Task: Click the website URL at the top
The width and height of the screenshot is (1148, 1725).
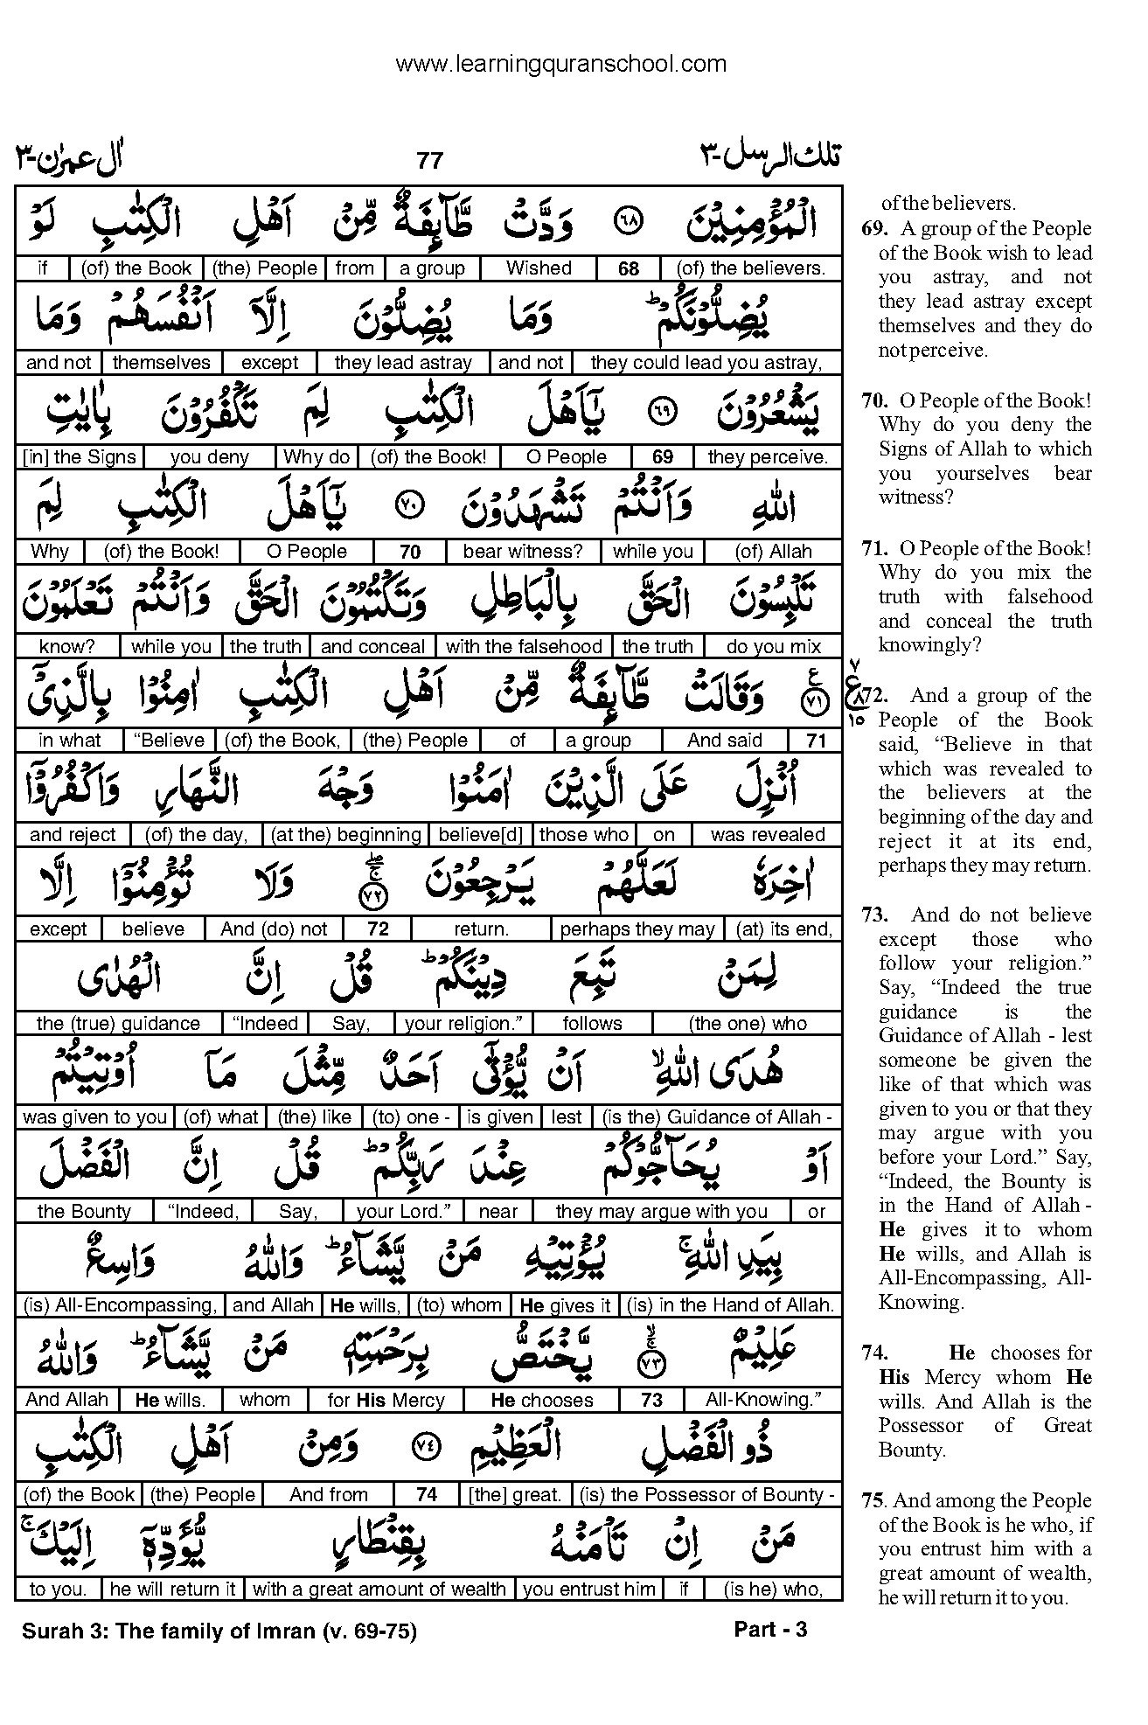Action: (560, 64)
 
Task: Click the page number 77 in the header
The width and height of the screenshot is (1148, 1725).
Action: (429, 160)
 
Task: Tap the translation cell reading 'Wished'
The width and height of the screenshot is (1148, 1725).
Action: (539, 268)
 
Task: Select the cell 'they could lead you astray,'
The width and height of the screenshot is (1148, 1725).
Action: (706, 363)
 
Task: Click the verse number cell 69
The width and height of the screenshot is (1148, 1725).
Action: (663, 457)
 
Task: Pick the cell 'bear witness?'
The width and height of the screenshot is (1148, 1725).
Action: (522, 552)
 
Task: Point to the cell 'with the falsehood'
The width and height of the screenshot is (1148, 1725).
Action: (524, 646)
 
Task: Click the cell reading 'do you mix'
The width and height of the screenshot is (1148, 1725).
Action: (774, 646)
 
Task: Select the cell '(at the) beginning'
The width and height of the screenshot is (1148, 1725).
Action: (346, 835)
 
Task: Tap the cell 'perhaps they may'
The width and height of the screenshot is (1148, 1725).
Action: (637, 929)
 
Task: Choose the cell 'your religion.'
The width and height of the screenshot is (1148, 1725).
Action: (463, 1024)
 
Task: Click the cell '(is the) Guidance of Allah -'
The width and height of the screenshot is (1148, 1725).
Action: (717, 1117)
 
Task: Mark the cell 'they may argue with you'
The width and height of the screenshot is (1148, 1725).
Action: (661, 1212)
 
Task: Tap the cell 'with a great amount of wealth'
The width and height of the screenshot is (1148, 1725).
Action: (379, 1589)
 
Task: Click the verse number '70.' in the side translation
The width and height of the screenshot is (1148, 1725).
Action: (875, 400)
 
